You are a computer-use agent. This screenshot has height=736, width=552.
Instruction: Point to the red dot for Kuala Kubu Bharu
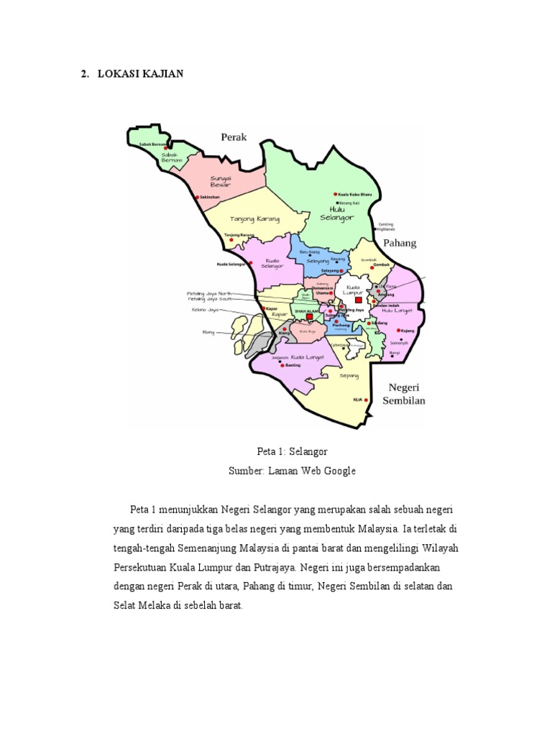tap(335, 194)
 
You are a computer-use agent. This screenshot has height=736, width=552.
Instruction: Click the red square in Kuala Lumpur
tap(358, 300)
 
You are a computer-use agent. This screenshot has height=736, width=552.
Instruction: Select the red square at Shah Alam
tap(309, 316)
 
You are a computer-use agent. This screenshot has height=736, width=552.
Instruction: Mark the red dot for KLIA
tap(367, 400)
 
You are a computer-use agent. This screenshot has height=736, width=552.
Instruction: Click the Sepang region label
tap(349, 375)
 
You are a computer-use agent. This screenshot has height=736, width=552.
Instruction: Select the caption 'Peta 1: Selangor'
tap(292, 451)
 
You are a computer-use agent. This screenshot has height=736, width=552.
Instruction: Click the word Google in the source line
tap(338, 471)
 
